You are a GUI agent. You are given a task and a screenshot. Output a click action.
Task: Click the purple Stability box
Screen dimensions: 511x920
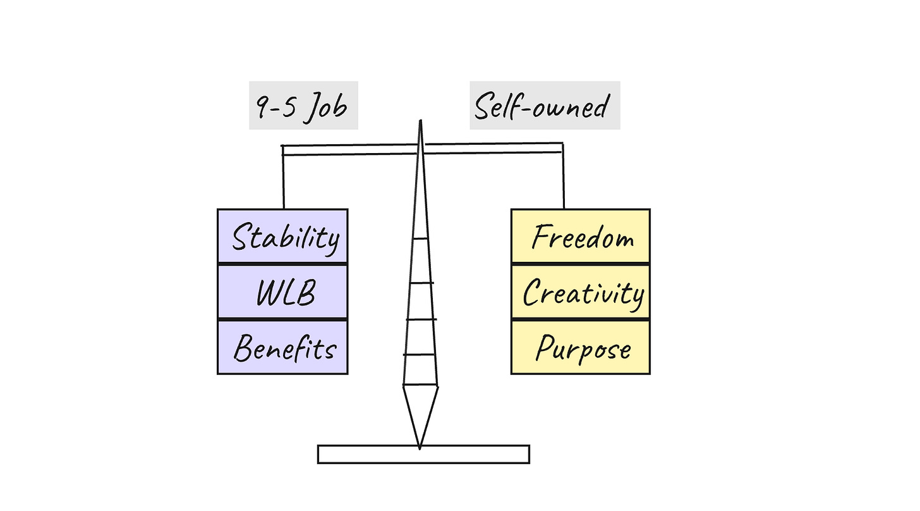[x=282, y=236]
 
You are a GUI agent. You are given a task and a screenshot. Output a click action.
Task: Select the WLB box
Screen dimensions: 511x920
[x=282, y=292]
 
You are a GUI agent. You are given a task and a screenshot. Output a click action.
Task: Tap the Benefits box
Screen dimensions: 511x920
[x=282, y=347]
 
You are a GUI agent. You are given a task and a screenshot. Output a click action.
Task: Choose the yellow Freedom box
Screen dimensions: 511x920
[x=580, y=236]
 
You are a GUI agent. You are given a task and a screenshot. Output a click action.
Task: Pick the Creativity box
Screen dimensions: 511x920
[x=580, y=292]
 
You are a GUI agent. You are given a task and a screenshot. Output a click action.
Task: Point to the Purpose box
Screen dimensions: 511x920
[x=580, y=347]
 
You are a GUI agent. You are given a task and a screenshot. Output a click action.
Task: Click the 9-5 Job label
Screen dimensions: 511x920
[x=303, y=106]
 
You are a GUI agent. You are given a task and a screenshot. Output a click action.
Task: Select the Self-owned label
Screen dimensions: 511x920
[x=544, y=106]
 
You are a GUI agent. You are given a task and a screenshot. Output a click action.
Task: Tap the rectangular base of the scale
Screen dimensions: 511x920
[x=423, y=454]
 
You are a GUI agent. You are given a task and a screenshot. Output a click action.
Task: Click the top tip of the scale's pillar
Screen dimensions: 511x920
[x=420, y=122]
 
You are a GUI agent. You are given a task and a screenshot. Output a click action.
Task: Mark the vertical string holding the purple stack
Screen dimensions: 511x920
[x=283, y=180]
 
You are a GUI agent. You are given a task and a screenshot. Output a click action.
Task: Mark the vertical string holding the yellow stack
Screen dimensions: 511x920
[x=563, y=180]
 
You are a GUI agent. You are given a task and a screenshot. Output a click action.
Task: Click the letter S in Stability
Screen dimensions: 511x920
[x=241, y=237]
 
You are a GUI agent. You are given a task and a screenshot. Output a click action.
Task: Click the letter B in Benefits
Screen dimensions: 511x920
[x=243, y=348]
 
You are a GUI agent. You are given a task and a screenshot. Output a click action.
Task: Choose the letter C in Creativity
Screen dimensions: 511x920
[x=533, y=293]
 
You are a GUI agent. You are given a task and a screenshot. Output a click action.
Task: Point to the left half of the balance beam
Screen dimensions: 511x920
[x=348, y=150]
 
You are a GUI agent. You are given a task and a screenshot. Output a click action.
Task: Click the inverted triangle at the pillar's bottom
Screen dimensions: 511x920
[x=420, y=411]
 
